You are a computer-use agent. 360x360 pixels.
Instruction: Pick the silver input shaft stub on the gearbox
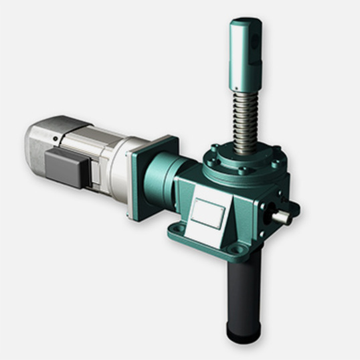pyautogui.click(x=282, y=216)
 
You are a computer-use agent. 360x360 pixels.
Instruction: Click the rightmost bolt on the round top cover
pyautogui.click(x=275, y=161)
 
